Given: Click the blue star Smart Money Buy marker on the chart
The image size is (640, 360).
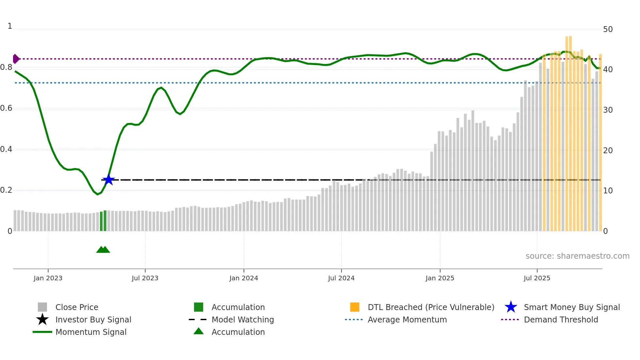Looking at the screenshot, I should [x=108, y=180].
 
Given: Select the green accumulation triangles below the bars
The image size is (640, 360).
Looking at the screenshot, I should [x=103, y=250].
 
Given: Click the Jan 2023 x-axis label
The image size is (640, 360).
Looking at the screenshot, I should [x=48, y=278].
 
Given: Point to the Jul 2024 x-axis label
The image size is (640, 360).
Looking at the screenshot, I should [x=341, y=278].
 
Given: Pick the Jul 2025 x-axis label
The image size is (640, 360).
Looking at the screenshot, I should [x=537, y=278].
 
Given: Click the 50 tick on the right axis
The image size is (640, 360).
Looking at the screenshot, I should [x=608, y=29].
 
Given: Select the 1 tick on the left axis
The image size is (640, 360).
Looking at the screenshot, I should [x=10, y=26].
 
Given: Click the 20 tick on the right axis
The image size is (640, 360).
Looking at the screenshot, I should [x=608, y=150].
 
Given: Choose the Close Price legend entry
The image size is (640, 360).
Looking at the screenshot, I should [x=77, y=307].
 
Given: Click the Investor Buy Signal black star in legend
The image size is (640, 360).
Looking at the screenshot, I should [x=42, y=319].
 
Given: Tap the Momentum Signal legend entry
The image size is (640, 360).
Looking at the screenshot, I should [x=91, y=332].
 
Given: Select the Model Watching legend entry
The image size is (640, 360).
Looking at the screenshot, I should [x=243, y=319].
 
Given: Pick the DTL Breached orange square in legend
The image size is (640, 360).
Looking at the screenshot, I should [x=355, y=307].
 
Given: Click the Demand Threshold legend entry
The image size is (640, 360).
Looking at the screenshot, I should [x=561, y=319].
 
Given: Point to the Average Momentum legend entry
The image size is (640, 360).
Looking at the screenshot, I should [x=407, y=319].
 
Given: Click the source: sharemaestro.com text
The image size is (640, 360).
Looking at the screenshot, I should [x=577, y=256].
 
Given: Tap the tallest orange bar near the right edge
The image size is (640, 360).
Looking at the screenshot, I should [x=570, y=131].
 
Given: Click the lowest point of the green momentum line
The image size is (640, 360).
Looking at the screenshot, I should [x=97, y=194].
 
